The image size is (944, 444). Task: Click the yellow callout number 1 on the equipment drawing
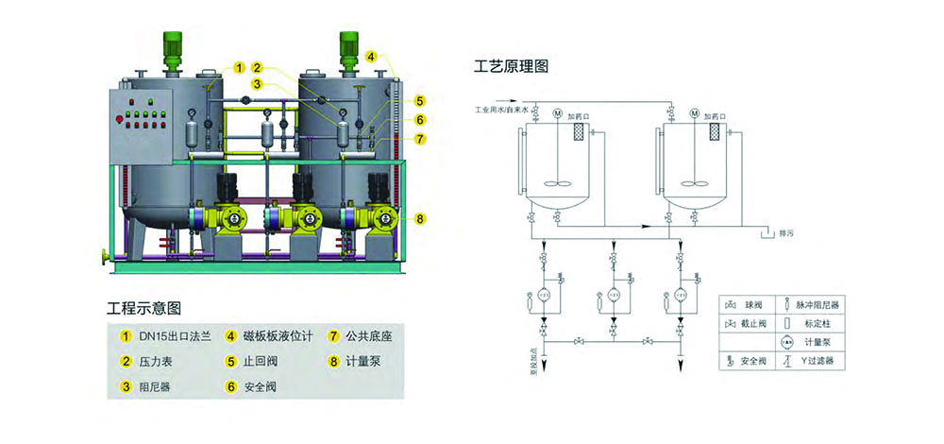[x=239, y=68]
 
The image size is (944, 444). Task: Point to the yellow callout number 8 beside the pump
[x=418, y=219]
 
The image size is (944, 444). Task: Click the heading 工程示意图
[x=144, y=308]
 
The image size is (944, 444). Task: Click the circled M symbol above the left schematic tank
[x=558, y=113]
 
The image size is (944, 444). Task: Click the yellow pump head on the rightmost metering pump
[x=385, y=219]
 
